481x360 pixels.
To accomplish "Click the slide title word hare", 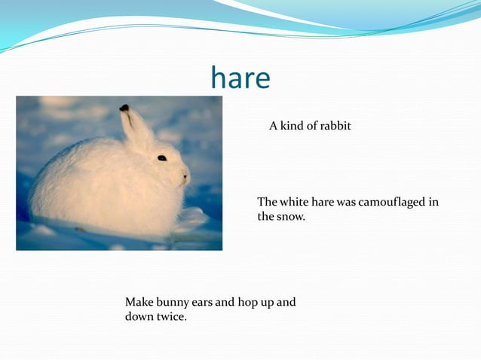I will point(240,78).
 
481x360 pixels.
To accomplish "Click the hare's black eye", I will point(162,157).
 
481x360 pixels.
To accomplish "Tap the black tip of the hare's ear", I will point(124,108).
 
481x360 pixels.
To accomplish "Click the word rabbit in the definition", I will point(335,126).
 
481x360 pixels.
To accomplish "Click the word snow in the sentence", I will point(291,217).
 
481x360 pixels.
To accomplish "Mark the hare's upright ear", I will point(136,128).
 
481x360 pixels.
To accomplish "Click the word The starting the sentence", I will point(268,202).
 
